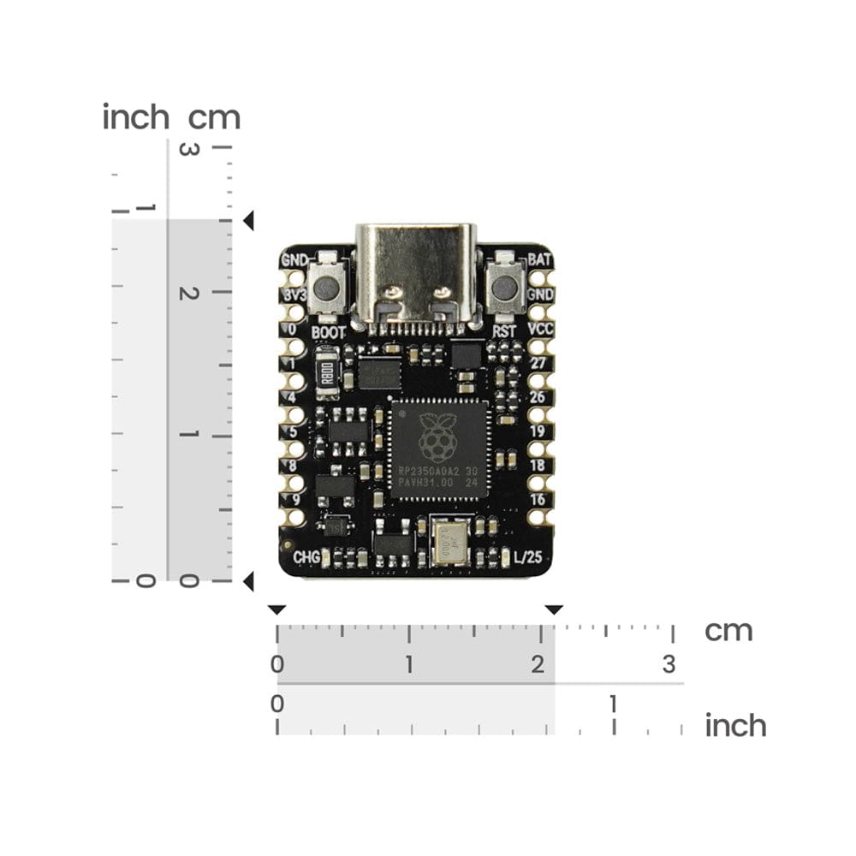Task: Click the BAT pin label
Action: click(540, 259)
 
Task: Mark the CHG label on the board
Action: click(306, 557)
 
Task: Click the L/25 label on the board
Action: click(527, 557)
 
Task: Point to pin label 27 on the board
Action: click(538, 363)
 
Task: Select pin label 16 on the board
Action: click(538, 499)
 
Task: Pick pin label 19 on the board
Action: click(538, 431)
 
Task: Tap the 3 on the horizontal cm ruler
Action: click(669, 663)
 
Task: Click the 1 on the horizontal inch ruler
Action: click(613, 704)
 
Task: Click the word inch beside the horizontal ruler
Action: click(735, 726)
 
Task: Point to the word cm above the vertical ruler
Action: click(214, 117)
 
